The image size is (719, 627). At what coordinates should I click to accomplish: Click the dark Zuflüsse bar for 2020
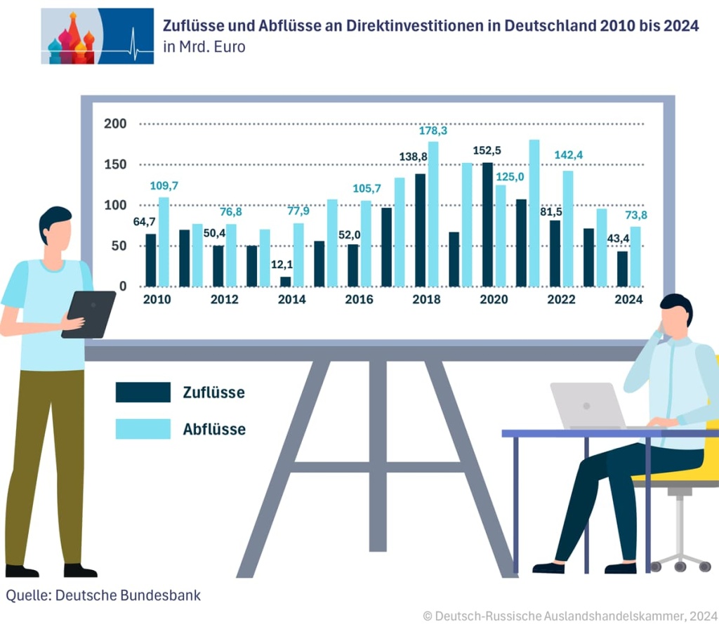coord(487,225)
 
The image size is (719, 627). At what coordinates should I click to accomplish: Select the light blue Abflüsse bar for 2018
coord(433,214)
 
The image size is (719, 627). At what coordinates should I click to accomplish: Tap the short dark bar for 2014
coord(285,282)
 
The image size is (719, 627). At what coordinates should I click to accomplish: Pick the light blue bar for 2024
coord(635,256)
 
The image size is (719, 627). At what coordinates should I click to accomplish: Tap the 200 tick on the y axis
coord(115,124)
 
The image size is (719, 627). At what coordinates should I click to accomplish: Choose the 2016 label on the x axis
coord(359,300)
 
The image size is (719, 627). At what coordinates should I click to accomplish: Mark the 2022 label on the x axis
coord(561,300)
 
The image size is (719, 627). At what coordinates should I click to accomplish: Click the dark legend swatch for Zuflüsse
coord(143,392)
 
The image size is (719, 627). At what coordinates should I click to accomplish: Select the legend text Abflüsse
coord(214,429)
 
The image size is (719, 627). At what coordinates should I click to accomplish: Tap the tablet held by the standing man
coord(88,314)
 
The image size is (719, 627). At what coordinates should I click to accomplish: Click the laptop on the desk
coord(587,405)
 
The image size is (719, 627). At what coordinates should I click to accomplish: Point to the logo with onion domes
coord(97,37)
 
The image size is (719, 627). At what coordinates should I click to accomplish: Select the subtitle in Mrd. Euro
coord(204,48)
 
